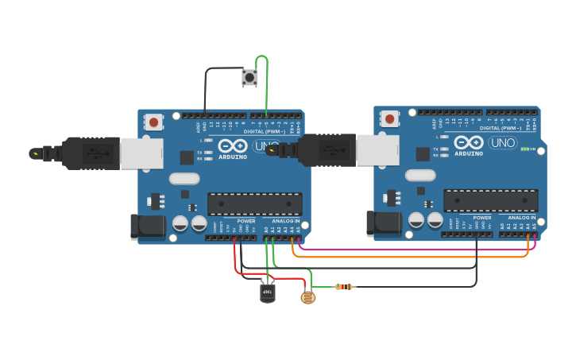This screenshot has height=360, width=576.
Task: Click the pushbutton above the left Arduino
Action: coord(249,77)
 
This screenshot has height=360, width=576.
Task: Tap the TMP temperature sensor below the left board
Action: coord(268,293)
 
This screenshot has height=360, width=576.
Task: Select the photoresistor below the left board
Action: coord(307,297)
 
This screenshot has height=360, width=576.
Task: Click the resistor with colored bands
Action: coord(344,286)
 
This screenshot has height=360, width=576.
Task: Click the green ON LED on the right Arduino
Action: coord(524,149)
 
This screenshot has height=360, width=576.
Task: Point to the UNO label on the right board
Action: coord(502,143)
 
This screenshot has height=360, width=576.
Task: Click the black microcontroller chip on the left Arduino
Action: coord(254,203)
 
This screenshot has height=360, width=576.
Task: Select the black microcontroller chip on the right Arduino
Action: coord(490,200)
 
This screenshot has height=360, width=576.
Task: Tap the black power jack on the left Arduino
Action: coord(148,227)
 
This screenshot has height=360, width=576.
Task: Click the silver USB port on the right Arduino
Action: coord(377,150)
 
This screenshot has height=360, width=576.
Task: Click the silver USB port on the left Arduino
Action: coord(141,153)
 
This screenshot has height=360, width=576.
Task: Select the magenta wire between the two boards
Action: coord(413,249)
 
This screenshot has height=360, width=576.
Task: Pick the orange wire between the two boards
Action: coord(413,257)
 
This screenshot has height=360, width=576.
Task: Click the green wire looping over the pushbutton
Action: coord(265,79)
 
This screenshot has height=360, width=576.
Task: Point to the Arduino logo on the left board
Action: coord(232,148)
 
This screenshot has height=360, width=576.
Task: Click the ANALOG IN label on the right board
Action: coord(522,217)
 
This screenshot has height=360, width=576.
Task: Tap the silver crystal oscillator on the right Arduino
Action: coord(420,175)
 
